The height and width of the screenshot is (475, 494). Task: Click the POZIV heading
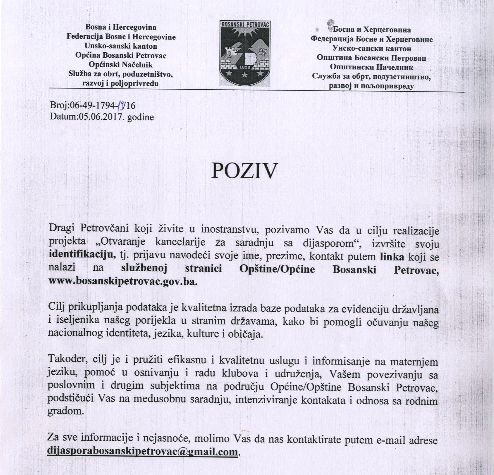244,171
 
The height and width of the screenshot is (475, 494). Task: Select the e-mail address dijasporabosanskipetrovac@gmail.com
143,451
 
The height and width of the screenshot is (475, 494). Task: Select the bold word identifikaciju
82,255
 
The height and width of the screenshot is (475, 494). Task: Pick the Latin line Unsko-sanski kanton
121,46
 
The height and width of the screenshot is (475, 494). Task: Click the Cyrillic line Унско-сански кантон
372,48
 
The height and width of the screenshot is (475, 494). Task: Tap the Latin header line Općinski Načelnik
121,65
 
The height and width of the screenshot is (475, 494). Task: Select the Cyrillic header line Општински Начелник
372,67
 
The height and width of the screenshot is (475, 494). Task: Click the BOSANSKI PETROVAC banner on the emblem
245,24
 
